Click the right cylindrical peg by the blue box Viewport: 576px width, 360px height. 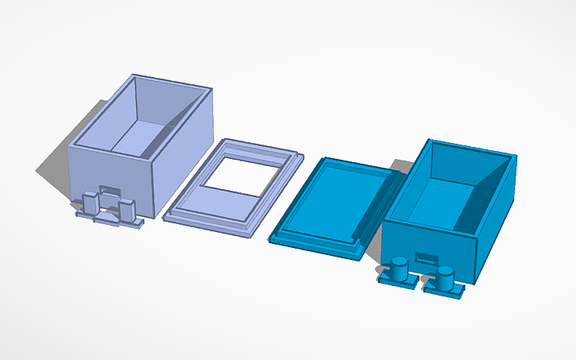[444, 277]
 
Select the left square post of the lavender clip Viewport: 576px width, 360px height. [91, 203]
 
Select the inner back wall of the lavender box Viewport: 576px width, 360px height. [165, 102]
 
